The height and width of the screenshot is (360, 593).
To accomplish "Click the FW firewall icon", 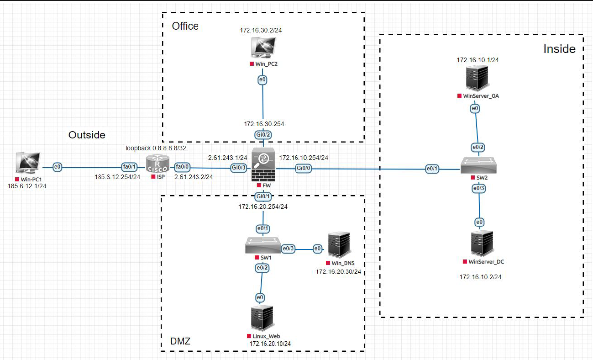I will pos(262,166).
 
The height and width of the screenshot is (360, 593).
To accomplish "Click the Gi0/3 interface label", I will pos(239,168).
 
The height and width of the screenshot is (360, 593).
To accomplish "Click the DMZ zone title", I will pos(180,341).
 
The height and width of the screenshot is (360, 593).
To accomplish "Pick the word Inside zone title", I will pos(559,49).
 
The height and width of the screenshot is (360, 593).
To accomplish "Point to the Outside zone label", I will pos(87,135).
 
